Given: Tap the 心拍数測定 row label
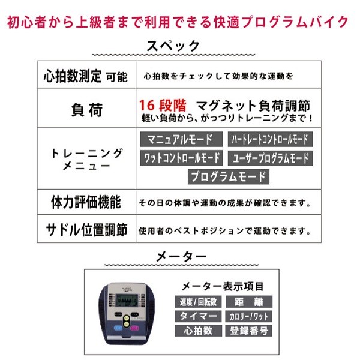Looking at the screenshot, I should point(76,76).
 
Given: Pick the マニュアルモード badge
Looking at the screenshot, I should point(180,140).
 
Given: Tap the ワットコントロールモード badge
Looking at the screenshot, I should point(182,158).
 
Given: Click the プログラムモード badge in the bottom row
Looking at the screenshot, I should point(228,176).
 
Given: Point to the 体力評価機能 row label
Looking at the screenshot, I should point(86,201).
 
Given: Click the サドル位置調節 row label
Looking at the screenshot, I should point(86,230).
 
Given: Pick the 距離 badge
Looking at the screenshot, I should point(248,302).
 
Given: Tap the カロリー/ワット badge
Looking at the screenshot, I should point(248,316).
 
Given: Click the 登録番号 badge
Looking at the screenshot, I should point(248,331).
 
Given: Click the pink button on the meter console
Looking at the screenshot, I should point(136,328).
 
